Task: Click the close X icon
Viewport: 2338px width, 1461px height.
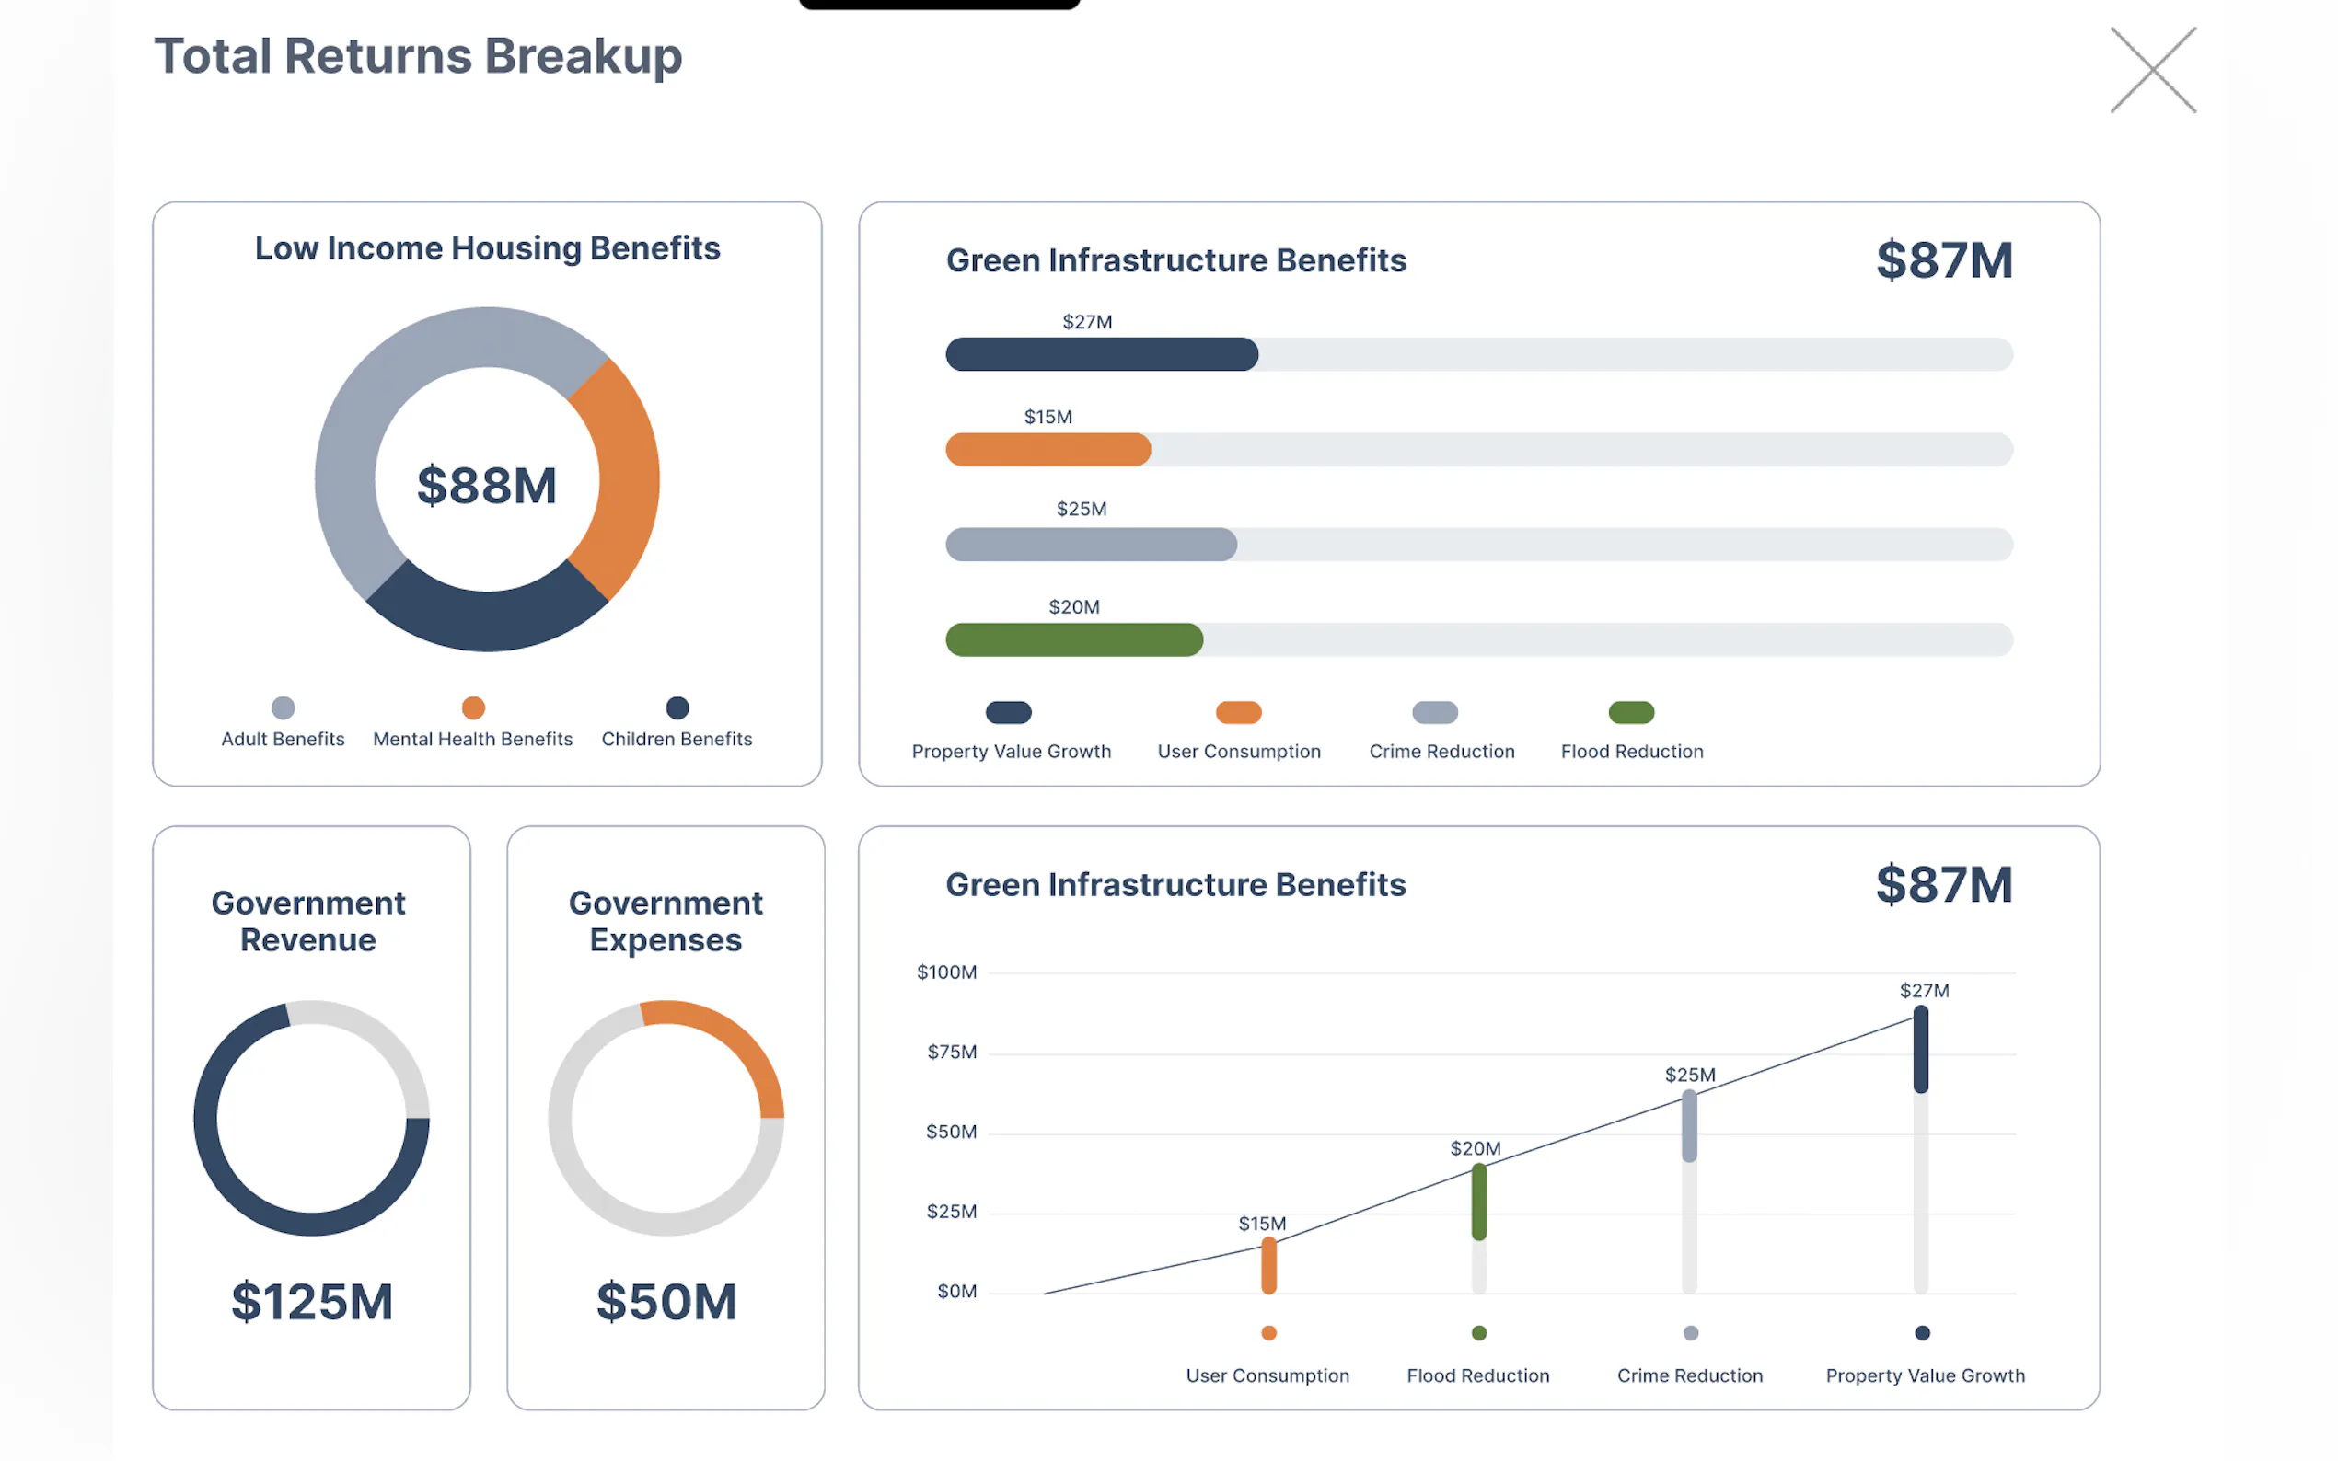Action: (x=2152, y=71)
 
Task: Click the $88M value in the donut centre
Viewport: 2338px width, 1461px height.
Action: (x=486, y=485)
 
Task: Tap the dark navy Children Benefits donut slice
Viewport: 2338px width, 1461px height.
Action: (x=486, y=618)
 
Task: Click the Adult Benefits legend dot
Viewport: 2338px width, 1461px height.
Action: (x=284, y=708)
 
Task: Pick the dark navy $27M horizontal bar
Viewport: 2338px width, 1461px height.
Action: (x=1102, y=354)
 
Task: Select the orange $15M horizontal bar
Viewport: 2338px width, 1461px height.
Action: (x=1047, y=450)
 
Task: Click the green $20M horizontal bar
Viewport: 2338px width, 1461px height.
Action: (x=1074, y=639)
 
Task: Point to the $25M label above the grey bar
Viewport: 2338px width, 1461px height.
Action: (x=1081, y=509)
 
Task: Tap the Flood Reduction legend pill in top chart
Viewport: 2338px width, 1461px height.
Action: (x=1630, y=713)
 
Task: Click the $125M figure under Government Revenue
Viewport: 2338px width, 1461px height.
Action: (x=312, y=1302)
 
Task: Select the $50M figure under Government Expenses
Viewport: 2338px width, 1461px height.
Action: (x=666, y=1302)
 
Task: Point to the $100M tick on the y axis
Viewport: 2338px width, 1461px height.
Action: (x=946, y=972)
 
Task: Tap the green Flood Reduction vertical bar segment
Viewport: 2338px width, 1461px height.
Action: (x=1479, y=1202)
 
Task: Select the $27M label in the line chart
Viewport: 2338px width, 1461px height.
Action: (x=1924, y=991)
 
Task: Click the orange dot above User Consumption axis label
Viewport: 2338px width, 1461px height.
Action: (x=1269, y=1333)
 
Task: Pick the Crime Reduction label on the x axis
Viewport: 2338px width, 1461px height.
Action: (x=1689, y=1376)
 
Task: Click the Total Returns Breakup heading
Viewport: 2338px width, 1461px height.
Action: (x=419, y=56)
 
